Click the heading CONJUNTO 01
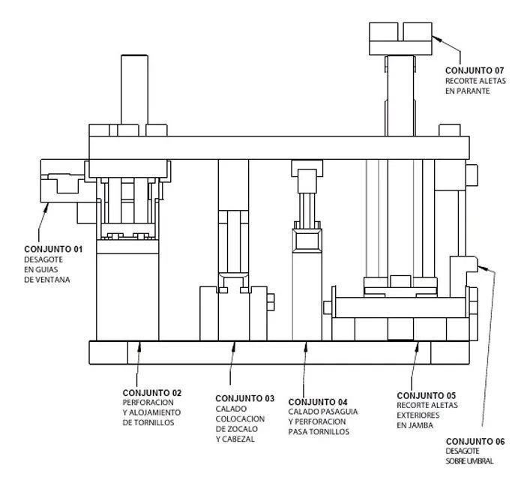53,249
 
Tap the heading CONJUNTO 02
152,393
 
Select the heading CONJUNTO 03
245,399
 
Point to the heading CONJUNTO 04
318,402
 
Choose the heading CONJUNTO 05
427,396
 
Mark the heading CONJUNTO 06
475,442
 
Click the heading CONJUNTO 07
475,70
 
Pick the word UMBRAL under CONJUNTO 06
479,461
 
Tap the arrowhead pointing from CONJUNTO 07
436,38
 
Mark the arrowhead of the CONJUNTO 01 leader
46,207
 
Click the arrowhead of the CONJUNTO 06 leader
481,268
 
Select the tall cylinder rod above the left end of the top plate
134,89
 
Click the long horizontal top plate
279,148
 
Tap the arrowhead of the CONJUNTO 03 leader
234,346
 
